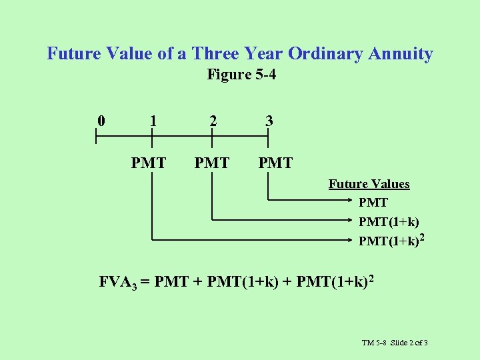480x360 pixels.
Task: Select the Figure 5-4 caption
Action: point(241,75)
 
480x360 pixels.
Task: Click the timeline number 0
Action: point(101,121)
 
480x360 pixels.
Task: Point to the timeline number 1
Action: point(153,121)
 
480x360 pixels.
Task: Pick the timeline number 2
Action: point(212,121)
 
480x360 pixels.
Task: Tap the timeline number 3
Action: point(269,121)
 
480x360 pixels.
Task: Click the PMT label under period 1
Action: point(149,163)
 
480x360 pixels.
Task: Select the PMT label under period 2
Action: point(211,163)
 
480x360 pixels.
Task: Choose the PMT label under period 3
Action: point(275,163)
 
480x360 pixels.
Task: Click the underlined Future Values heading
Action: point(369,184)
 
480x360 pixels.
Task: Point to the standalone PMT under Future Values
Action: point(373,202)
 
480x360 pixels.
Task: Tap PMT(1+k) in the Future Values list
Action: point(389,221)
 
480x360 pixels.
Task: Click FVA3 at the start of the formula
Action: point(117,281)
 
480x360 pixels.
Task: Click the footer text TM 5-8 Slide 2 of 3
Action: point(395,343)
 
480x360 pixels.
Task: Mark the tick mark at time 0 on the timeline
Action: point(96,138)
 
